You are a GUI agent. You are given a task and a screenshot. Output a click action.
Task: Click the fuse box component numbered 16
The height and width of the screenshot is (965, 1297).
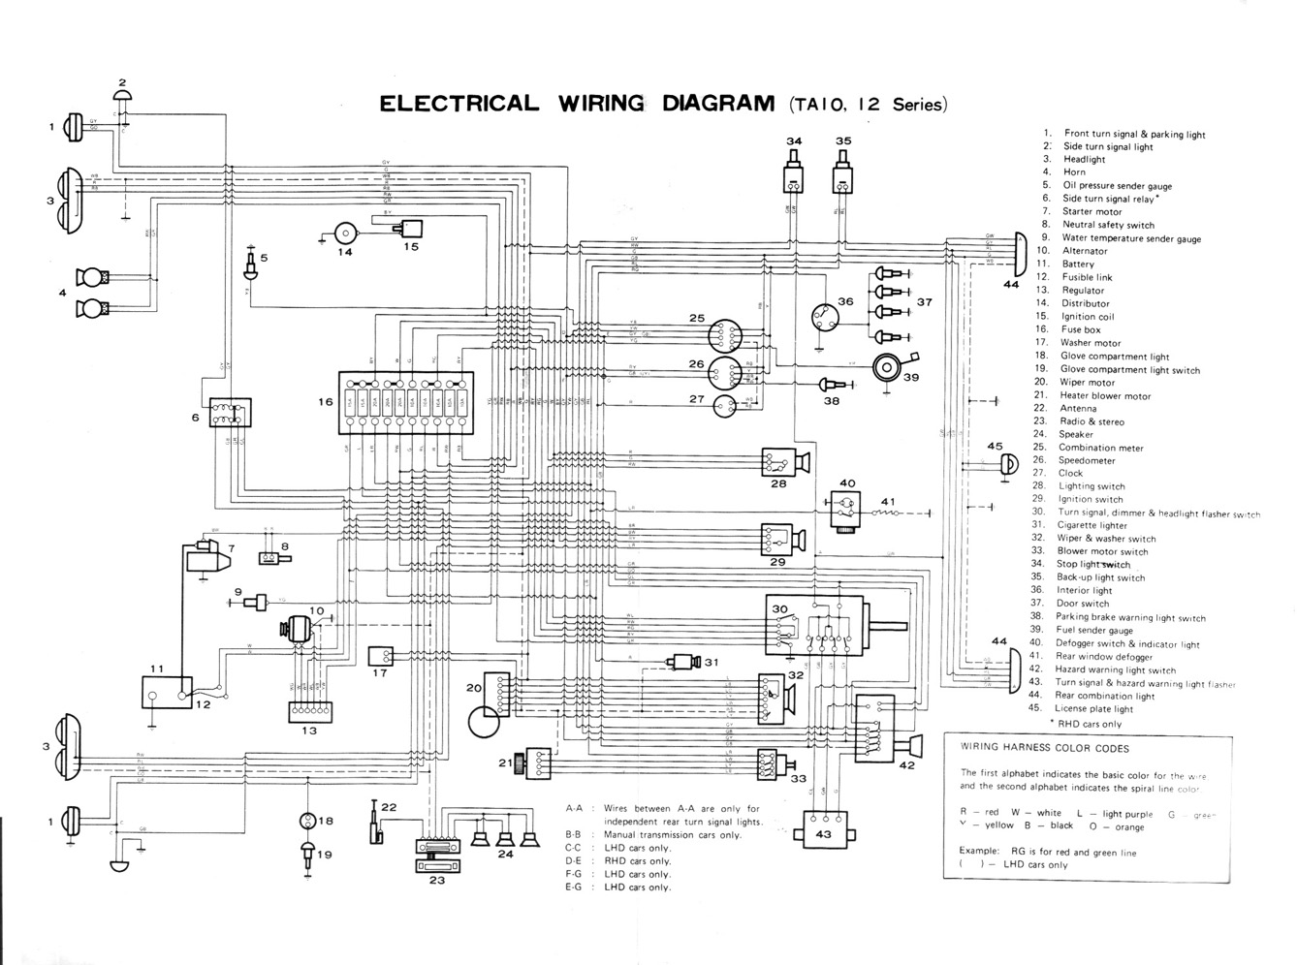405,401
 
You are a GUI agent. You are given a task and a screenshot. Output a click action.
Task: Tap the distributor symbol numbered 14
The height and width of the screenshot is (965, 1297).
344,233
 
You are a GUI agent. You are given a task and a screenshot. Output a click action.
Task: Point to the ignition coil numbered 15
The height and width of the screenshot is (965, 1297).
411,230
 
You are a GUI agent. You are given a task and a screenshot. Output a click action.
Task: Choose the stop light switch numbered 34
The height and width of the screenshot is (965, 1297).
795,180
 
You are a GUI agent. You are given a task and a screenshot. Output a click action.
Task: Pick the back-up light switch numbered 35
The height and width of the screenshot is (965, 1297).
842,180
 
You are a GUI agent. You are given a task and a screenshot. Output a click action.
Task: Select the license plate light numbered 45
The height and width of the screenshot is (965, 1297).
1008,465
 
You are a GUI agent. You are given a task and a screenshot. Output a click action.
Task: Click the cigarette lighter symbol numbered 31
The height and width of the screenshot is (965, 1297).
686,663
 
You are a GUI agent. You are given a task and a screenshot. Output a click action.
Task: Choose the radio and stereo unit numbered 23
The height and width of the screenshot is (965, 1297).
438,856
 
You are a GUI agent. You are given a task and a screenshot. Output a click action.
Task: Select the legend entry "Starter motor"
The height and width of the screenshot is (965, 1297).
1091,211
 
